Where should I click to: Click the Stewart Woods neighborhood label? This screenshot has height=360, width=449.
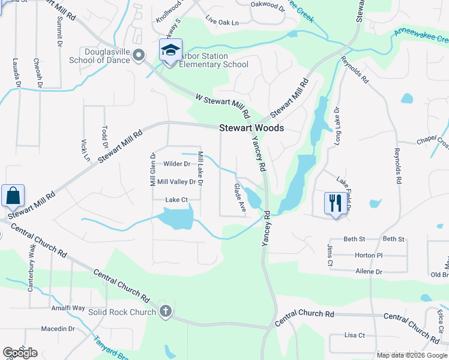pos(251,128)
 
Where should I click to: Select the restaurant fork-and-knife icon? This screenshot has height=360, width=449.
pos(334,202)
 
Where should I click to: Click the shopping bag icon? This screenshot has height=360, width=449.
pos(13,195)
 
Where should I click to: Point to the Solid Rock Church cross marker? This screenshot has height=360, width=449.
pos(166,311)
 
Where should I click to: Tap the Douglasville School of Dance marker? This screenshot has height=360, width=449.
pos(139,56)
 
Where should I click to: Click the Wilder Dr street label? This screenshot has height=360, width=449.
pos(176,164)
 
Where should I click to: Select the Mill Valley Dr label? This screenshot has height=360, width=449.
pos(176,182)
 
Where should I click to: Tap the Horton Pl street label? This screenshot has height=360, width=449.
pos(369,255)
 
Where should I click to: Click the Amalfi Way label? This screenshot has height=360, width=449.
pos(70,308)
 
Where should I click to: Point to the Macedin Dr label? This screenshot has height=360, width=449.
pos(58,329)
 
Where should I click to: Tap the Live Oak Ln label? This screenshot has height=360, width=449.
pos(222,22)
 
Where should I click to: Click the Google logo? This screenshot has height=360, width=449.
pos(20,353)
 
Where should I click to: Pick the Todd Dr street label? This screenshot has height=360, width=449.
pos(104,137)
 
